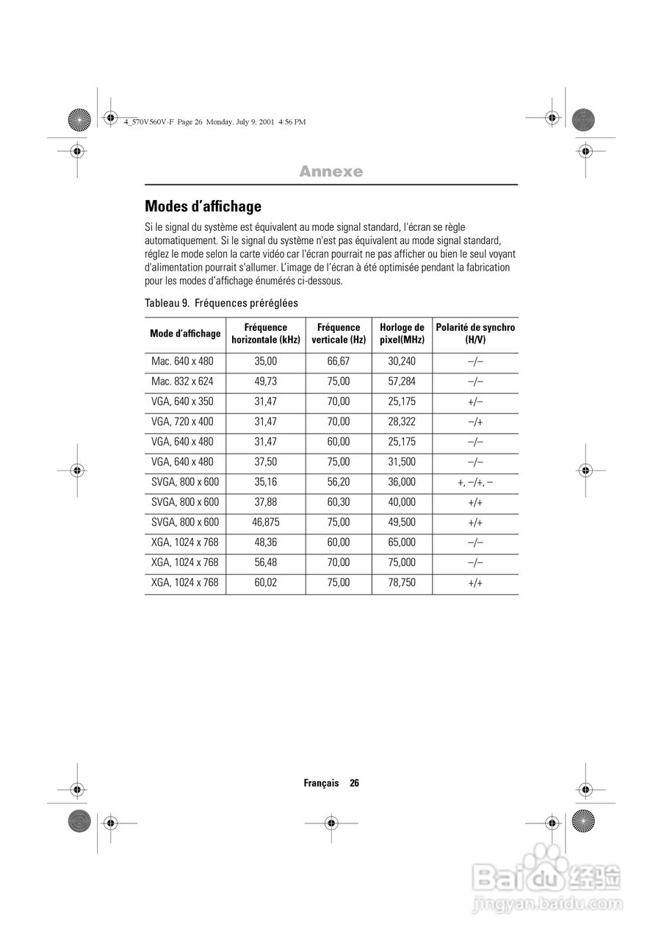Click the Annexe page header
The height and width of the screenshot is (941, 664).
(x=331, y=171)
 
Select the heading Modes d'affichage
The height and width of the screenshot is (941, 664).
(x=203, y=207)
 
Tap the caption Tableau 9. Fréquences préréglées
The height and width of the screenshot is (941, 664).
(x=221, y=303)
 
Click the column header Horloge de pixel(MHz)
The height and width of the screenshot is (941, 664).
(x=402, y=334)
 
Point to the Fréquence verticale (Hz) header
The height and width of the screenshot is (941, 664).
(x=339, y=334)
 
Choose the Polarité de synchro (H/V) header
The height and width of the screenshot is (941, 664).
(x=475, y=334)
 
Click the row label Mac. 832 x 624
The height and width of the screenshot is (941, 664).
(x=182, y=382)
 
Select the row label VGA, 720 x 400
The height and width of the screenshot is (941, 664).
(x=182, y=422)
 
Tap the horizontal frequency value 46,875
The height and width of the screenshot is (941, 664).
(x=265, y=523)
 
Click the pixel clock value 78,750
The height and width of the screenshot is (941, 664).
(x=402, y=583)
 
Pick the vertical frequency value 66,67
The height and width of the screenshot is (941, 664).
(x=339, y=362)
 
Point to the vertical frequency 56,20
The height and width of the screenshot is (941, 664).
(x=339, y=482)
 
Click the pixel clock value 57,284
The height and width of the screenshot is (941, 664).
(x=402, y=382)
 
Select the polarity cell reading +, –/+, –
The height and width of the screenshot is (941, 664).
(x=475, y=482)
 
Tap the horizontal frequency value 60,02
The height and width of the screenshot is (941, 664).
(x=265, y=583)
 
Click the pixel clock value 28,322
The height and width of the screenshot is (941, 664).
(x=402, y=422)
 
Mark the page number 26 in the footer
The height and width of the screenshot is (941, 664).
(x=354, y=783)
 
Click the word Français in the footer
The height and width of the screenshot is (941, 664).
(x=321, y=783)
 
